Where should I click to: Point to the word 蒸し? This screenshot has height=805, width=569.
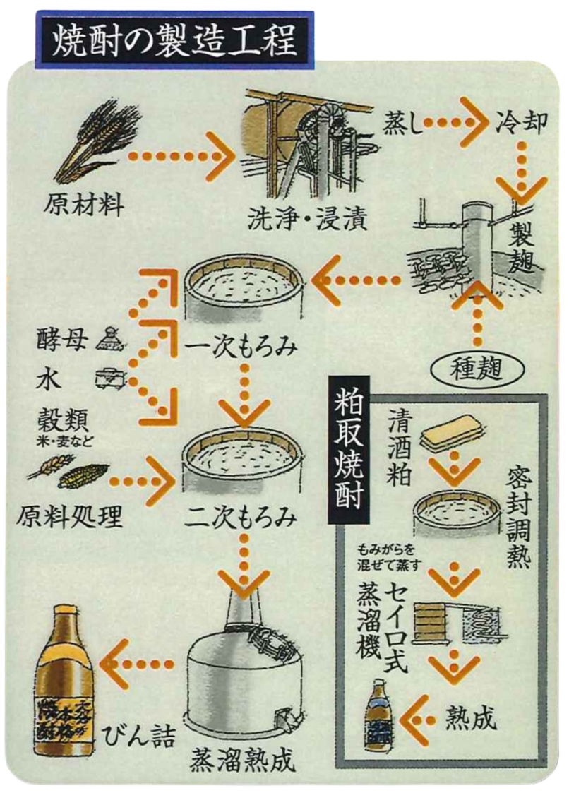click(x=404, y=125)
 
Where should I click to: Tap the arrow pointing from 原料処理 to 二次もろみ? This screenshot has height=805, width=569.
click(x=145, y=482)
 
